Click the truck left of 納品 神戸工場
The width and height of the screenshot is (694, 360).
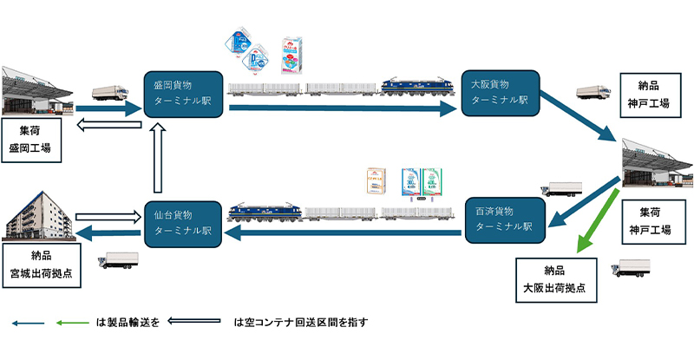(592, 93)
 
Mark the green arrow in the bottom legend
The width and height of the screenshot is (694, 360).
(69, 323)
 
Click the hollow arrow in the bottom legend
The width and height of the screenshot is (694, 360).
(196, 323)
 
